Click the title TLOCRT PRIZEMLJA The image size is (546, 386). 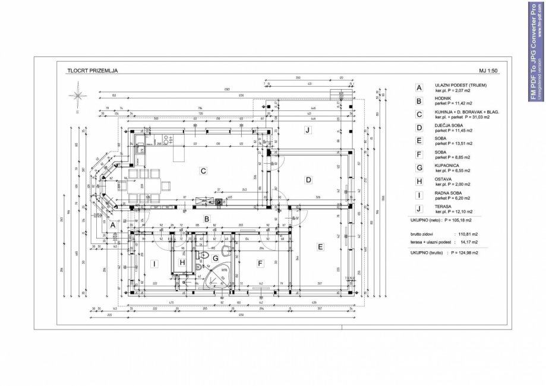pyautogui.click(x=92, y=71)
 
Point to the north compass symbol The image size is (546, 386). pyautogui.click(x=77, y=96)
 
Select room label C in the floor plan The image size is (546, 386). pyautogui.click(x=203, y=171)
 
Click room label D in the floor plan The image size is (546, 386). pyautogui.click(x=308, y=180)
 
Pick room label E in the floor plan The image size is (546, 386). pyautogui.click(x=320, y=246)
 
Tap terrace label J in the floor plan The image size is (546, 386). pyautogui.click(x=307, y=130)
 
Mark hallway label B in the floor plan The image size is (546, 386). pyautogui.click(x=206, y=219)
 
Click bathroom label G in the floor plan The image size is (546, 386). pyautogui.click(x=216, y=259)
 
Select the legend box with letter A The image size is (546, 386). pyautogui.click(x=419, y=87)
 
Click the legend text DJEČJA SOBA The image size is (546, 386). pyautogui.click(x=449, y=125)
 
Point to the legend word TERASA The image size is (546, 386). pyautogui.click(x=443, y=206)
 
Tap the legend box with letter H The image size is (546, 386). pyautogui.click(x=419, y=181)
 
